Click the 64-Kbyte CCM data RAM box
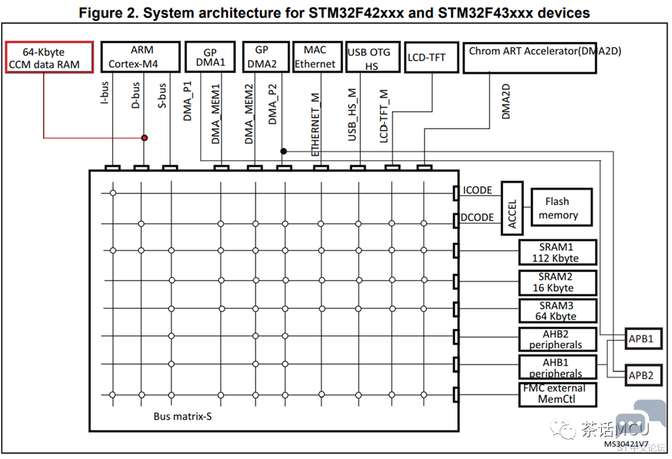pyautogui.click(x=49, y=57)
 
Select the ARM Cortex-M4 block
pyautogui.click(x=140, y=57)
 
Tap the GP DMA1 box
pyautogui.click(x=210, y=57)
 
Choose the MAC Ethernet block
pyautogui.click(x=317, y=57)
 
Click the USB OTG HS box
pyautogui.click(x=373, y=57)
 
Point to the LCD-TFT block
pyautogui.click(x=431, y=57)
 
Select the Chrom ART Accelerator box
pyautogui.click(x=530, y=57)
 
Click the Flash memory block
pyautogui.click(x=561, y=207)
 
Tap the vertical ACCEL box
pyautogui.click(x=512, y=208)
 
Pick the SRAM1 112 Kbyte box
pyautogui.click(x=557, y=252)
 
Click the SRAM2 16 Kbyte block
pyautogui.click(x=557, y=282)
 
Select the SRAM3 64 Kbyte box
pyautogui.click(x=557, y=311)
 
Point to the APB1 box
pyautogui.click(x=643, y=339)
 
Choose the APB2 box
pyautogui.click(x=643, y=375)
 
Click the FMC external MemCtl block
pyautogui.click(x=557, y=395)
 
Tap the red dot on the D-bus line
pyautogui.click(x=145, y=137)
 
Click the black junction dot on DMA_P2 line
pyautogui.click(x=283, y=151)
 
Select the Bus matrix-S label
pyautogui.click(x=182, y=416)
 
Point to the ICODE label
pyautogui.click(x=477, y=190)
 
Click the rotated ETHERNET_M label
pyautogui.click(x=316, y=125)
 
